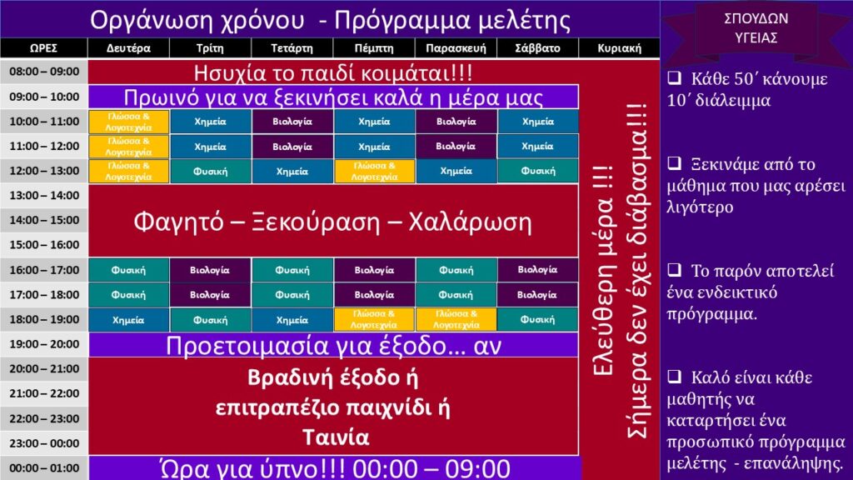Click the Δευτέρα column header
click(x=128, y=47)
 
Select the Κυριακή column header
click(x=619, y=47)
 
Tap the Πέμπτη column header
click(x=374, y=47)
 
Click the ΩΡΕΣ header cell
click(x=43, y=47)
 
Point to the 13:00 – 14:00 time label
click(x=44, y=195)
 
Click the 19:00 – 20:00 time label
click(x=44, y=344)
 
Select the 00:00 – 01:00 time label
click(x=44, y=468)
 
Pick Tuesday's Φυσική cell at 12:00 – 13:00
click(x=210, y=172)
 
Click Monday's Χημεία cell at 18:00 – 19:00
click(x=128, y=320)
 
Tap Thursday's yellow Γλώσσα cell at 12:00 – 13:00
click(x=374, y=172)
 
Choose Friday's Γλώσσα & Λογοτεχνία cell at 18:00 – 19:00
click(x=456, y=320)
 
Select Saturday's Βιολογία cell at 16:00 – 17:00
click(x=537, y=270)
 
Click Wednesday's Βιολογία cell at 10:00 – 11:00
click(x=292, y=122)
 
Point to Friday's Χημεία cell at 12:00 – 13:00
click(x=456, y=172)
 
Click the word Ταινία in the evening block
click(x=336, y=437)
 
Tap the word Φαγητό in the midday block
click(x=178, y=222)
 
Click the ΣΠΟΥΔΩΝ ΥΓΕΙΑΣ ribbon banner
click(x=756, y=28)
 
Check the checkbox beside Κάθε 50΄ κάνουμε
click(x=675, y=77)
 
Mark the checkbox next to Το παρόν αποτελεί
click(x=675, y=269)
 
